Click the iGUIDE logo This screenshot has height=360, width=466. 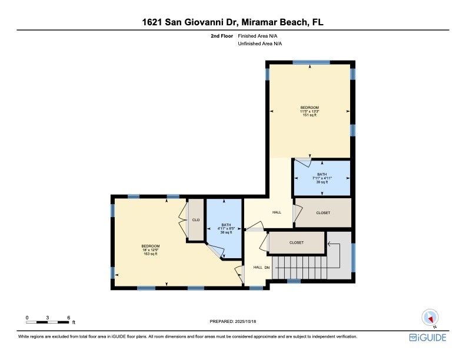click(428, 338)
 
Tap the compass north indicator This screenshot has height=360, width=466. click(430, 318)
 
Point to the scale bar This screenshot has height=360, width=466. click(48, 322)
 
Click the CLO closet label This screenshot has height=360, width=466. click(196, 220)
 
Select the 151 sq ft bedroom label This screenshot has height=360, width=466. click(309, 111)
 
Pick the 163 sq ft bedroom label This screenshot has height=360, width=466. click(151, 250)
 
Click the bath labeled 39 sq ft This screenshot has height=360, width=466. click(322, 178)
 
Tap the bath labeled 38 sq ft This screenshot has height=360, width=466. click(226, 229)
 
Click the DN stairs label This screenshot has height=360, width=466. click(267, 268)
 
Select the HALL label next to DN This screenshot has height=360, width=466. click(258, 267)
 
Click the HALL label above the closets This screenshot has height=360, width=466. click(277, 212)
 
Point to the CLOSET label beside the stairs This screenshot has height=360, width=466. click(297, 243)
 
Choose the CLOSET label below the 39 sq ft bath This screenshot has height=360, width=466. click(323, 213)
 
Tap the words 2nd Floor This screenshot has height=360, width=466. click(222, 36)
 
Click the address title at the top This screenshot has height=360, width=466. click(232, 22)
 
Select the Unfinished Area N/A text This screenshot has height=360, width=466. click(259, 44)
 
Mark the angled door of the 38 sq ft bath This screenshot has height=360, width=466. click(215, 251)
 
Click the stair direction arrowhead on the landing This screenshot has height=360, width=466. click(329, 244)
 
